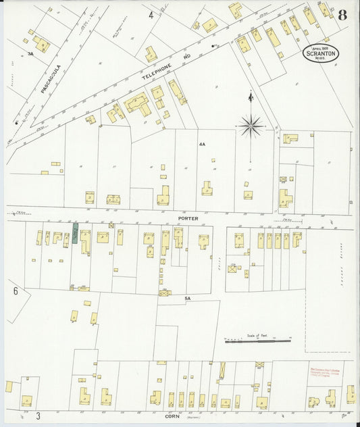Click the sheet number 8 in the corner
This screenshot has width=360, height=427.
[342, 15]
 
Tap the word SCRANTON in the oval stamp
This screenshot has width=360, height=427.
[321, 53]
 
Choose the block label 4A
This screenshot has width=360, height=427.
[202, 145]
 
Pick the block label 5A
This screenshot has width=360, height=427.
[188, 297]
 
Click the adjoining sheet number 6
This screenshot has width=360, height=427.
[14, 291]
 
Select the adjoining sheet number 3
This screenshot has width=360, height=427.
[38, 415]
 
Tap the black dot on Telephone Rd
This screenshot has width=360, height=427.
[214, 46]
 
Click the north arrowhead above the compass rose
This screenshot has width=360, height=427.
[250, 97]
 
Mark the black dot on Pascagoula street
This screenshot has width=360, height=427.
[16, 123]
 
